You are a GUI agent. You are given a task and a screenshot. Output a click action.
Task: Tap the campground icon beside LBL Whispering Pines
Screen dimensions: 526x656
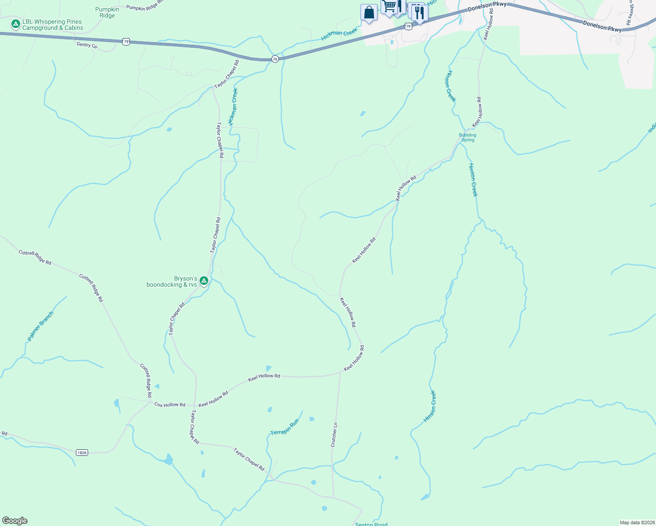click(x=16, y=24)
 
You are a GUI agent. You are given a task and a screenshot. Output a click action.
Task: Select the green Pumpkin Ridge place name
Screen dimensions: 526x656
click(x=107, y=12)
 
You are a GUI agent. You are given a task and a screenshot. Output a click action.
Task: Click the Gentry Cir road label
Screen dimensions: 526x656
click(x=87, y=45)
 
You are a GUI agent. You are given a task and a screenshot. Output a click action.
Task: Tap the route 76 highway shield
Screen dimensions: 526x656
click(x=275, y=59)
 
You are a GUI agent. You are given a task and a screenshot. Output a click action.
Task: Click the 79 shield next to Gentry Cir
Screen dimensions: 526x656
click(x=126, y=42)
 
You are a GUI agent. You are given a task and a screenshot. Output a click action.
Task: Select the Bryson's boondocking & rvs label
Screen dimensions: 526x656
click(x=172, y=281)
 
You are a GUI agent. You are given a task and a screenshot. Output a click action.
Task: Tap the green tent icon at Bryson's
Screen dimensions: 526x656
click(x=203, y=280)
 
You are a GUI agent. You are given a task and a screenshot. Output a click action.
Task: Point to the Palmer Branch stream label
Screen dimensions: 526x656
click(x=40, y=326)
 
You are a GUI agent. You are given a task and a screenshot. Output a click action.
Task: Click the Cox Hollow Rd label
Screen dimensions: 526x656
click(x=170, y=405)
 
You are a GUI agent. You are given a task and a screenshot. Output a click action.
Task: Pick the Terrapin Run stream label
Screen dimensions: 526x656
click(x=285, y=426)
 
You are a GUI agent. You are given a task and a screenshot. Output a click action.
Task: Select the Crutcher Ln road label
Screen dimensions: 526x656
click(x=334, y=434)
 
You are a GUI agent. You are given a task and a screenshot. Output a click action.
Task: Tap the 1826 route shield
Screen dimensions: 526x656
click(x=82, y=452)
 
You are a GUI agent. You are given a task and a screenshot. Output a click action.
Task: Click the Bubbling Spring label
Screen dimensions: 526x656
click(x=467, y=138)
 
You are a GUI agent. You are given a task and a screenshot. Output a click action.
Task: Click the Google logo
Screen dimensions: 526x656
click(x=15, y=521)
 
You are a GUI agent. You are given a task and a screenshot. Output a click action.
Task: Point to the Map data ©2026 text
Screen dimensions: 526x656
click(x=636, y=522)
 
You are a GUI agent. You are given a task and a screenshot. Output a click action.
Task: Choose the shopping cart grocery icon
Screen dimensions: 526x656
click(x=389, y=7)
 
